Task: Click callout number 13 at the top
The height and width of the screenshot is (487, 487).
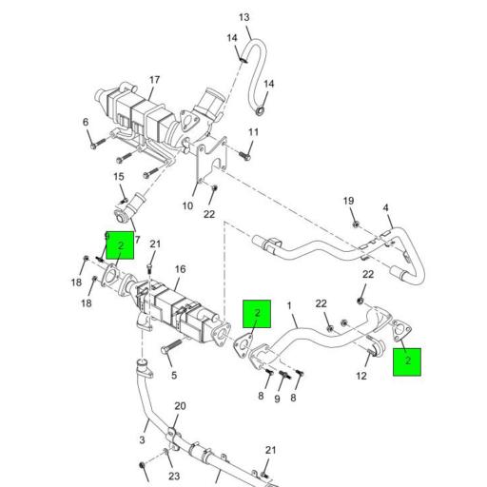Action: coord(244,17)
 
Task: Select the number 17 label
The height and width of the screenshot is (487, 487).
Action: coord(154,80)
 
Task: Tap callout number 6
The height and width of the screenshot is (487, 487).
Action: coord(86,122)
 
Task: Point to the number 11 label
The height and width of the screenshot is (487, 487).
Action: coord(253,132)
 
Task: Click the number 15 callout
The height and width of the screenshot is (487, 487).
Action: coord(119,177)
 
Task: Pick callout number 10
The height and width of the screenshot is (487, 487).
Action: coord(187,206)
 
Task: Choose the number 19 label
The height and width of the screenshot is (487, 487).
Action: coord(348,201)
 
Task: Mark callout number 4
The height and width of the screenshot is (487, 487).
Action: coord(385,208)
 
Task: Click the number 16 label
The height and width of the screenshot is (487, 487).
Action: coord(180,269)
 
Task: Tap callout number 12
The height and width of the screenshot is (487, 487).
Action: coord(361,376)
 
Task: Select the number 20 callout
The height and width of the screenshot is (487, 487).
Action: coord(180,406)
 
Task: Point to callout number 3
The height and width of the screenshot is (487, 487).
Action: coord(142,440)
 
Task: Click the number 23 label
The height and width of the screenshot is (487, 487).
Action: coord(174,476)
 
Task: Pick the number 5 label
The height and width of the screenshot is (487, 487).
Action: coord(174,376)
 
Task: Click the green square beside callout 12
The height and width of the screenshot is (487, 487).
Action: coord(407,362)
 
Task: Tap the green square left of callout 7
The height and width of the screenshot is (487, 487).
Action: coord(120,245)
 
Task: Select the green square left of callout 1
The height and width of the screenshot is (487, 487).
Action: coord(257,314)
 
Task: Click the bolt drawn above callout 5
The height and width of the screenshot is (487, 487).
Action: coord(171,346)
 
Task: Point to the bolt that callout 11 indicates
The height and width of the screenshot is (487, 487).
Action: coord(244,156)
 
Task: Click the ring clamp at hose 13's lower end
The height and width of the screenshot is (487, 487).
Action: coord(261,111)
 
